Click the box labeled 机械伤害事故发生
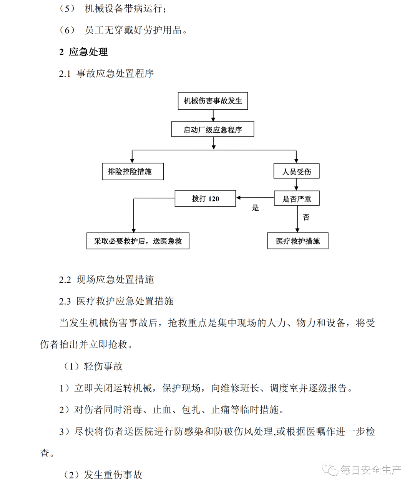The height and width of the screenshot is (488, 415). click(213, 101)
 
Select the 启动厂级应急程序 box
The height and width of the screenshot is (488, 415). click(212, 130)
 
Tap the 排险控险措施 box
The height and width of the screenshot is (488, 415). click(133, 171)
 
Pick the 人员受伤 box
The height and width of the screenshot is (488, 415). click(296, 171)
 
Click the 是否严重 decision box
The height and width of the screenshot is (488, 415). click(297, 199)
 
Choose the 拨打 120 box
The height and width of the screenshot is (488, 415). click(205, 199)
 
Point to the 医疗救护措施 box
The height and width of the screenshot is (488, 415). click(298, 241)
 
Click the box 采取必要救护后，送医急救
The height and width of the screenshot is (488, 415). click(138, 241)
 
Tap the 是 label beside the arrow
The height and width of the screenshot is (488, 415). click(256, 208)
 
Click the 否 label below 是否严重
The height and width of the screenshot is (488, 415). click(306, 218)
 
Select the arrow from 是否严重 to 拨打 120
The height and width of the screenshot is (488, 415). click(255, 198)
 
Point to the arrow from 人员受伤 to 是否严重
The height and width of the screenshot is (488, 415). click(296, 185)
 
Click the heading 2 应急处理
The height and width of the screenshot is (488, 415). click(83, 52)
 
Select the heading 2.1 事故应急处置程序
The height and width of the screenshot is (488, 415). click(106, 73)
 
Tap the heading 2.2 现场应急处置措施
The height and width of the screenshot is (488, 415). click(106, 280)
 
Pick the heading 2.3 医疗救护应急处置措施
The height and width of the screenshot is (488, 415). click(116, 301)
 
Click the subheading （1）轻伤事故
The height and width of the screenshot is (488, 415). click(93, 366)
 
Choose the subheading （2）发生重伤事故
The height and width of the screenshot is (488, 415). click(103, 475)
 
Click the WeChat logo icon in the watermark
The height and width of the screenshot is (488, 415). click(330, 470)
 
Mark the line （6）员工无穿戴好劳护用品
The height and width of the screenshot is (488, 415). click(123, 30)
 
